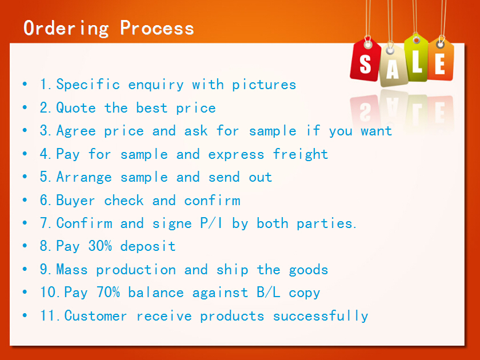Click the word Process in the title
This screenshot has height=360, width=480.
point(157,28)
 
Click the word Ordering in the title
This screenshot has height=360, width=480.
point(66,29)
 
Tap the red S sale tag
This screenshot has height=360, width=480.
point(366,61)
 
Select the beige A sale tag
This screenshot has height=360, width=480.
point(393,65)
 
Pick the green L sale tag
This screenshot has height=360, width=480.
point(416,58)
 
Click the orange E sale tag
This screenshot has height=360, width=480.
point(440,60)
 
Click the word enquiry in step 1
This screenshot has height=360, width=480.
point(156,85)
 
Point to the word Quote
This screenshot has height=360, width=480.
point(76,108)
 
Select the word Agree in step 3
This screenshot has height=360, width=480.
point(76,131)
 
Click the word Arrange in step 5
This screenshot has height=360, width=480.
point(84,177)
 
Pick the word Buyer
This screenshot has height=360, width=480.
point(75,201)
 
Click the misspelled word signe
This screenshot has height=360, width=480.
point(172,224)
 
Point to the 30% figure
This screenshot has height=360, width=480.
point(100,246)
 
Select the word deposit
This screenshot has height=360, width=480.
point(148,246)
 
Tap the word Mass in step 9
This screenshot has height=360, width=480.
point(72,269)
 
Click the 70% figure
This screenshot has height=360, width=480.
point(108,292)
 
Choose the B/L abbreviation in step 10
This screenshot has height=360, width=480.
point(269,293)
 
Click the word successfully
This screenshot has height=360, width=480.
point(321,316)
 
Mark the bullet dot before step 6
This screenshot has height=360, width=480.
point(25,199)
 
